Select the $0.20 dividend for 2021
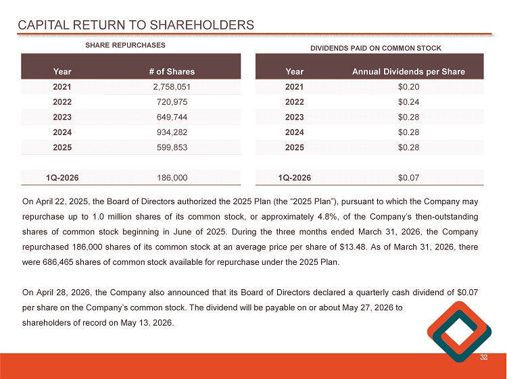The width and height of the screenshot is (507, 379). click(x=409, y=86)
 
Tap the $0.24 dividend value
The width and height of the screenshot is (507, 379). click(x=409, y=101)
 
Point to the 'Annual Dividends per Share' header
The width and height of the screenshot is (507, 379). click(x=408, y=71)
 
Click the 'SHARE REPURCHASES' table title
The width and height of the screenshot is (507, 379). click(x=125, y=45)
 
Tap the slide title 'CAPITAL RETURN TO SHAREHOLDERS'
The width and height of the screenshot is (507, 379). click(x=136, y=25)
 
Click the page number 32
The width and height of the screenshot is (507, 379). click(x=483, y=358)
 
